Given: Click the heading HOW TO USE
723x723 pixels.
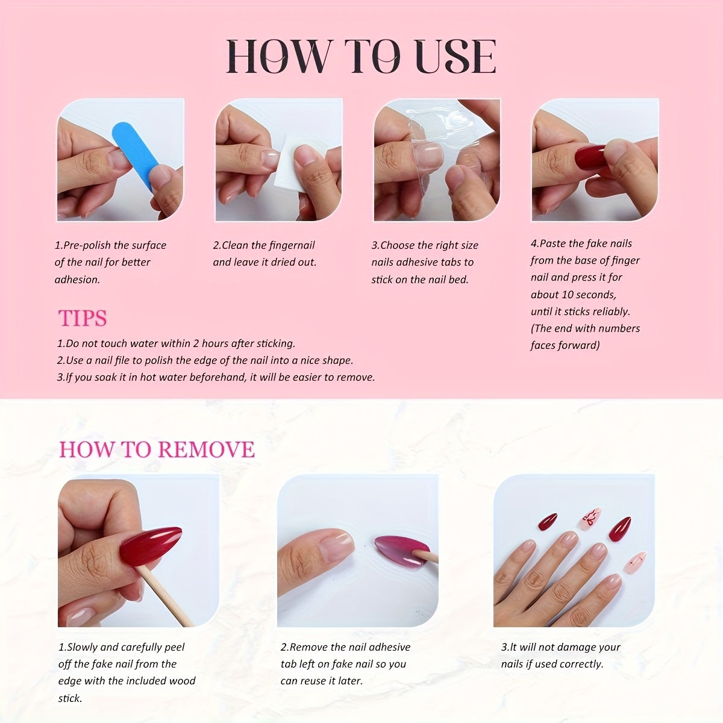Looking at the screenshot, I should pyautogui.click(x=361, y=57).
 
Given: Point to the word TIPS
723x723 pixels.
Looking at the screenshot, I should pyautogui.click(x=83, y=318).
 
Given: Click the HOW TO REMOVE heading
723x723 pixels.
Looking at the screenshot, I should pyautogui.click(x=157, y=449).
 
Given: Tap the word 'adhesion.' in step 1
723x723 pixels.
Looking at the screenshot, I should pyautogui.click(x=77, y=279).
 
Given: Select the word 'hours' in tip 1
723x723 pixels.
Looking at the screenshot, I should pyautogui.click(x=211, y=343).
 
